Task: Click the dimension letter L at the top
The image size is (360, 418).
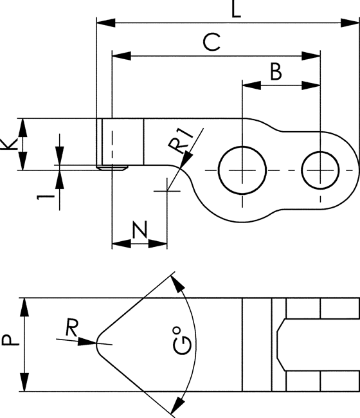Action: [236, 10]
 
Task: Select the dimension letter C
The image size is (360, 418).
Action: [212, 42]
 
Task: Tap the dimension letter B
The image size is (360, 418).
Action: [276, 71]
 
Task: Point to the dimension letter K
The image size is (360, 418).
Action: [9, 144]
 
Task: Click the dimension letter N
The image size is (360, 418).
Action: [140, 229]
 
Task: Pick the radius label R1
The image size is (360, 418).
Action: [180, 141]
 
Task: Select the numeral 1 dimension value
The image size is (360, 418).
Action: [46, 197]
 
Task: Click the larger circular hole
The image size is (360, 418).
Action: [242, 170]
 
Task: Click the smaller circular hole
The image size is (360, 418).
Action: [320, 170]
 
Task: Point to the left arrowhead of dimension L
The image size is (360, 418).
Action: [106, 23]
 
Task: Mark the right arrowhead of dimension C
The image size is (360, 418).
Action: [311, 56]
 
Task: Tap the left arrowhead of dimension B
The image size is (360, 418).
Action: [251, 86]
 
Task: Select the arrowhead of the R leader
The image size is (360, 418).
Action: [87, 341]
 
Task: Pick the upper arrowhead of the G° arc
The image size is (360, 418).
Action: [177, 284]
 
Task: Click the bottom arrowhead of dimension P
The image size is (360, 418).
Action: [24, 382]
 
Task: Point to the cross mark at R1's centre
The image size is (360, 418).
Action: [167, 191]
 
